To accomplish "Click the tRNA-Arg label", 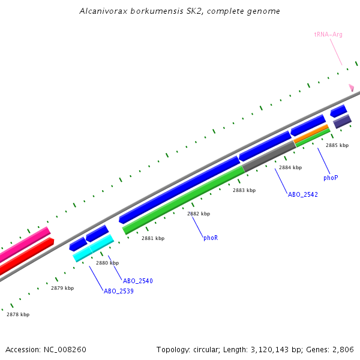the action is pos(328,35).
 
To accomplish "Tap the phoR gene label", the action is pos(210,238).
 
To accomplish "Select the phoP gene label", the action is pos(331,178).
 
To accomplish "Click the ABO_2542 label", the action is pos(302,194).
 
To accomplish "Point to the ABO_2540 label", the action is pos(137,280).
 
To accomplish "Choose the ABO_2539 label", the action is pos(118,291).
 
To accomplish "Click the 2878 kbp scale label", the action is pos(18,314).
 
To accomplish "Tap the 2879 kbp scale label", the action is pos(62,288).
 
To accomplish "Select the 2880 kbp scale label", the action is pos(107,263).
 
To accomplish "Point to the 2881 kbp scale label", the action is pos(153,238).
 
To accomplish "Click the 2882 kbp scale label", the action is pos(199,214).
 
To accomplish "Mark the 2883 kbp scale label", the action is pos(244,190).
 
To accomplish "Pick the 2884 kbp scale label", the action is pos(290,167).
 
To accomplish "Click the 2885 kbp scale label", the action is pos(337,145).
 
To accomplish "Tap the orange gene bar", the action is pos(311,134).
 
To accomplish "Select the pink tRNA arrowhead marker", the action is pos(352,88).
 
